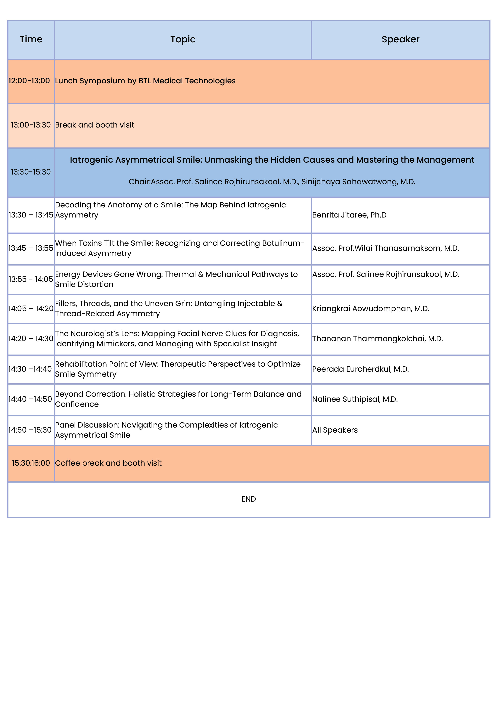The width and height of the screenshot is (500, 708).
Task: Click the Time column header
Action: (x=31, y=40)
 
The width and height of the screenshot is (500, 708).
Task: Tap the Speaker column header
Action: (x=400, y=40)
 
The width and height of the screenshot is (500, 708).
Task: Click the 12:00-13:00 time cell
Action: (x=29, y=81)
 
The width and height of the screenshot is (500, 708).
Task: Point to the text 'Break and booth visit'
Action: (x=95, y=125)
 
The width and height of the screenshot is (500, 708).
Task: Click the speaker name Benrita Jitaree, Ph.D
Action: (x=349, y=215)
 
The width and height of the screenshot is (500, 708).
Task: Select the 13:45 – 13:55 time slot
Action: (x=31, y=248)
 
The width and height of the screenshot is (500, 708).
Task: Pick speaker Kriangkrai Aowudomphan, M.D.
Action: (x=371, y=309)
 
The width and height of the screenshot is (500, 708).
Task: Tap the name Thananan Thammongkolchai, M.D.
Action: (x=377, y=339)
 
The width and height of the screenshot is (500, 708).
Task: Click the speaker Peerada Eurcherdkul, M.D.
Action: (x=361, y=369)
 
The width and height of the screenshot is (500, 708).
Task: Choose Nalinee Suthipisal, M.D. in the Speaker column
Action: (x=355, y=399)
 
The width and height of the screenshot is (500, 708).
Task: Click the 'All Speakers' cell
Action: (x=335, y=430)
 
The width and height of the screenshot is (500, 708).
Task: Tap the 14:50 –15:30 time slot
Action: (x=30, y=430)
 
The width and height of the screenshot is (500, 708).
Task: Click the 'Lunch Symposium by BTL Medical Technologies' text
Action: (x=145, y=81)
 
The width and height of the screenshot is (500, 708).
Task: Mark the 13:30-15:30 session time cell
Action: (x=31, y=172)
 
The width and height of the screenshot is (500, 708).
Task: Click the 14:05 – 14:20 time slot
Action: (x=31, y=309)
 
